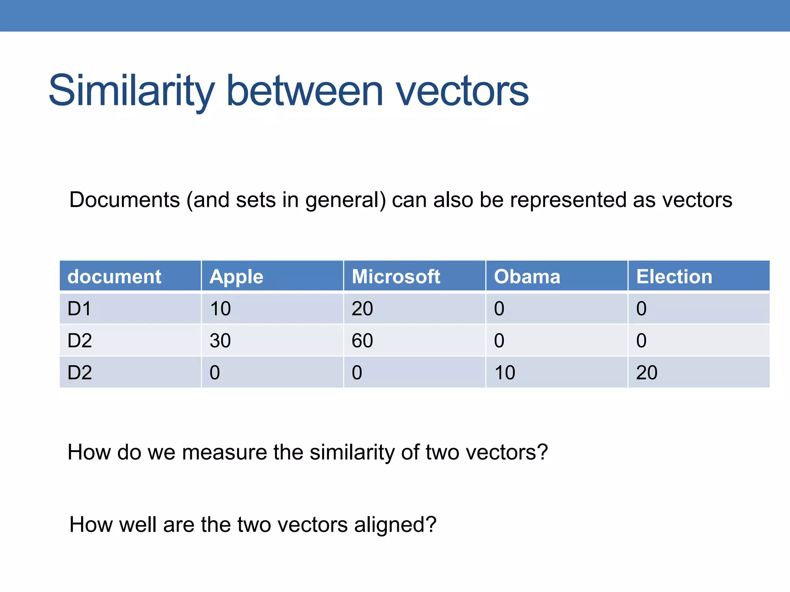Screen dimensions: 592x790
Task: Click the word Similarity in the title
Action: tap(131, 91)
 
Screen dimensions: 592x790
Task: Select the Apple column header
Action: tap(236, 277)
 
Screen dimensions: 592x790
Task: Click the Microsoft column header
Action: tap(396, 277)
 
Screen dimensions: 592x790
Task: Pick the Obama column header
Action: tap(527, 277)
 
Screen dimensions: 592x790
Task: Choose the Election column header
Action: tap(674, 277)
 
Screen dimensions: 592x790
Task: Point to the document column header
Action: tap(114, 277)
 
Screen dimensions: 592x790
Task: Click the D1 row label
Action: tap(79, 309)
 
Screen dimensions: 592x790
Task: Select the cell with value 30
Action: tap(220, 341)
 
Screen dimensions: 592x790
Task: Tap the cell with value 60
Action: tap(362, 341)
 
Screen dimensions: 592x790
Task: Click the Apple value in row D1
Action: tap(220, 309)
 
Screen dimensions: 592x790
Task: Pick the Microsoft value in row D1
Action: tap(362, 309)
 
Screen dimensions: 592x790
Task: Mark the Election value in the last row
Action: tap(647, 373)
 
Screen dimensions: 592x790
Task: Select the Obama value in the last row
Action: tap(505, 373)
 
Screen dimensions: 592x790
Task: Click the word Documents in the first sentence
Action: tap(125, 200)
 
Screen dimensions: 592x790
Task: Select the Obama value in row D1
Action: tap(499, 309)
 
